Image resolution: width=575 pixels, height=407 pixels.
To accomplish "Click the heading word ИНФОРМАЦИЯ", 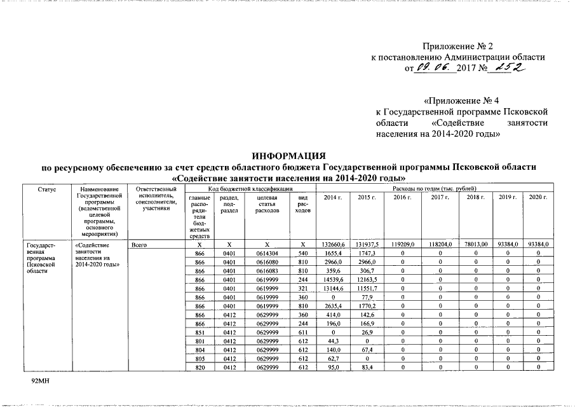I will [288, 156].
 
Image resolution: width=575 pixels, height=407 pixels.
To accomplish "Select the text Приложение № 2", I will [457, 46].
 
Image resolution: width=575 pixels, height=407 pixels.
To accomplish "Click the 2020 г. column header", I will [538, 198].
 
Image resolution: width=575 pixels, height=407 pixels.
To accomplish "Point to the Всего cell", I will [139, 244].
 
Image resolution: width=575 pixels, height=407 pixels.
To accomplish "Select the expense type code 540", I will [303, 253].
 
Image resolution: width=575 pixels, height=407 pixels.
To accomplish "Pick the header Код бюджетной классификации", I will [250, 190].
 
